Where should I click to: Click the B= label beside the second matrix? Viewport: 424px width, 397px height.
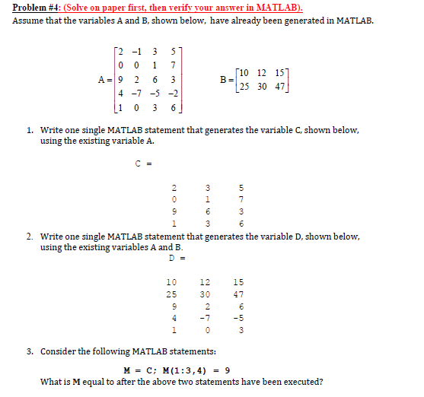[x=224, y=78]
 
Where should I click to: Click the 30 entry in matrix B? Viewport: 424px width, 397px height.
[x=262, y=86]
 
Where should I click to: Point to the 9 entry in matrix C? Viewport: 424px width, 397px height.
[x=174, y=211]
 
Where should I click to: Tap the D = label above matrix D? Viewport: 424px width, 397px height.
[x=174, y=258]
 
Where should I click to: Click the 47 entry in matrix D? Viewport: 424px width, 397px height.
[x=238, y=294]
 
